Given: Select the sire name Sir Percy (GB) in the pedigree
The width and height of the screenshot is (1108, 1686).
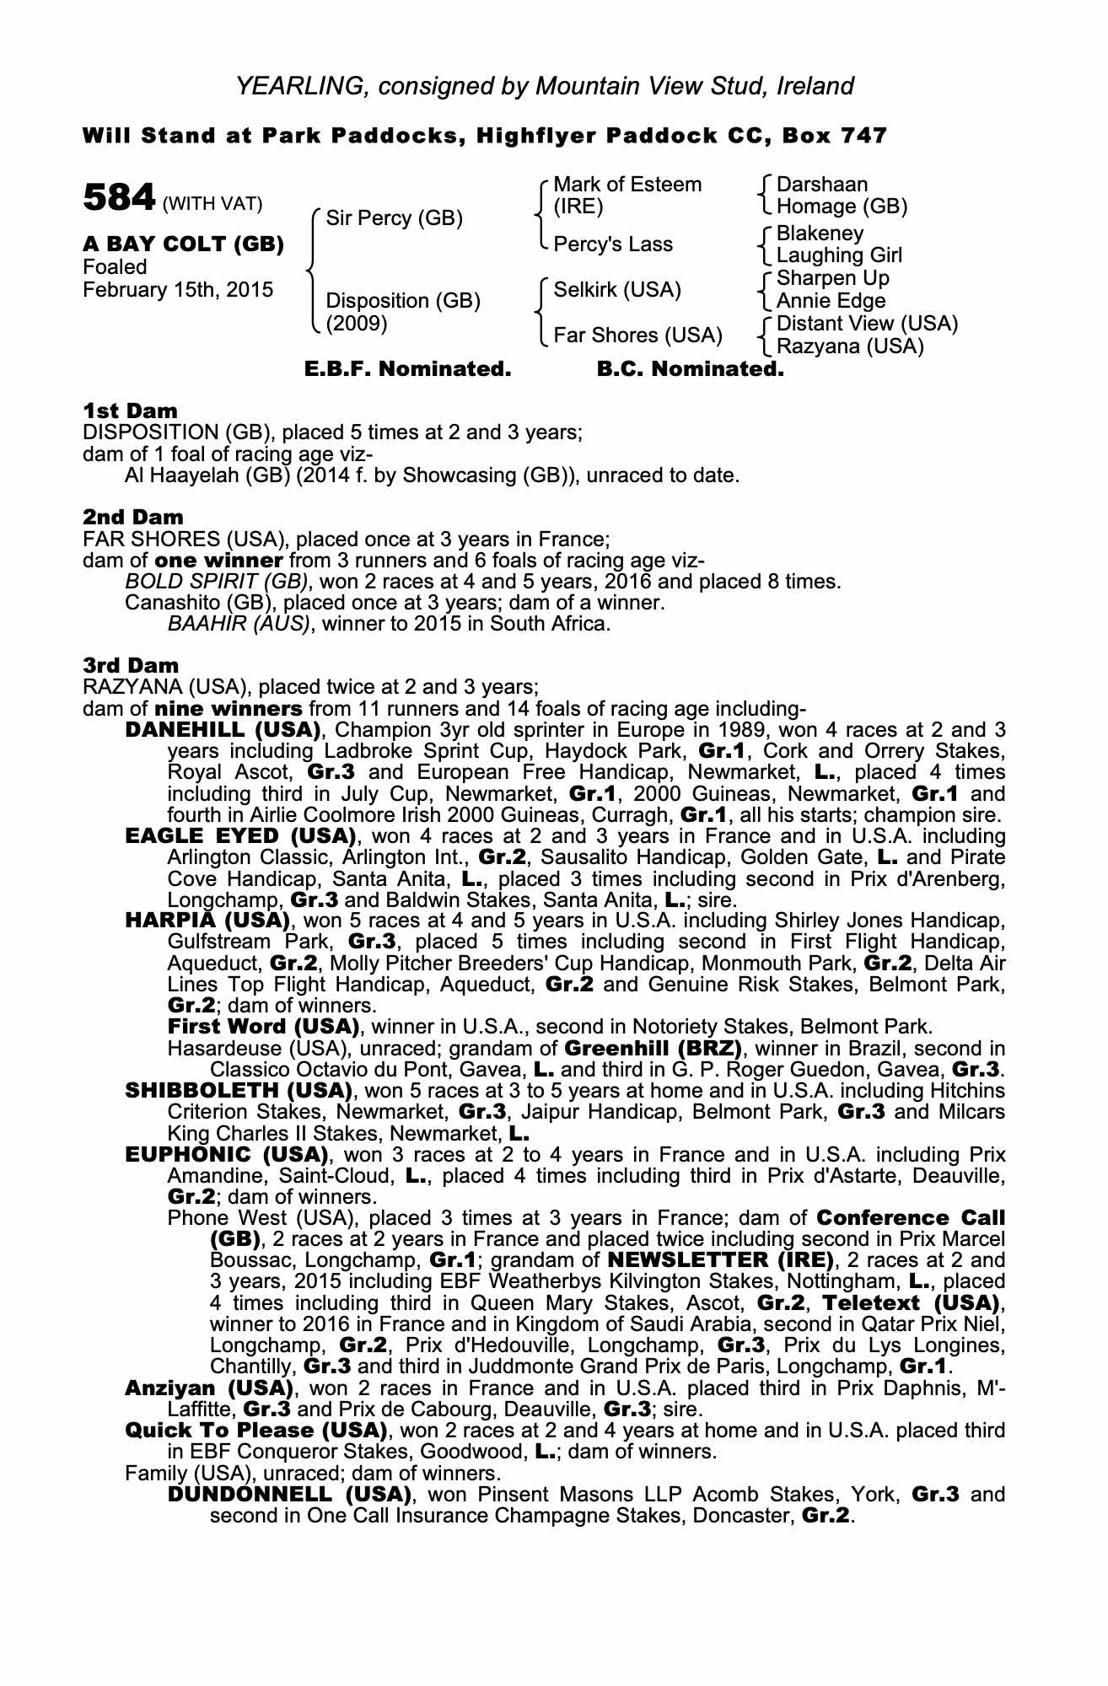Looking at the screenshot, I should (x=394, y=218).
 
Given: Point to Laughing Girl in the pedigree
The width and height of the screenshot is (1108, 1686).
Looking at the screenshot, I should (x=839, y=255).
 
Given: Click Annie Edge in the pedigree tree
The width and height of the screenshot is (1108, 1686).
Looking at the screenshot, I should (x=831, y=301).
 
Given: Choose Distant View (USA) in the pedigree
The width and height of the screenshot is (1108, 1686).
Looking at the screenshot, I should (x=867, y=324).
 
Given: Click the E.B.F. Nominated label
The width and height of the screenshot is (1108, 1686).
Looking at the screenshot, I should (x=407, y=369).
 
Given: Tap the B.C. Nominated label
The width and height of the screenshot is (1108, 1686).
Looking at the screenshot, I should (x=690, y=369).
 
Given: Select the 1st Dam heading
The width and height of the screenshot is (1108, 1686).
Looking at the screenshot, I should (x=130, y=411).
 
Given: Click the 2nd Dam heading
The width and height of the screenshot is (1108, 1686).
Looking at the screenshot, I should (x=132, y=517).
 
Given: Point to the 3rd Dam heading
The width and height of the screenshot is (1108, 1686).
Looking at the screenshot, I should (x=131, y=665).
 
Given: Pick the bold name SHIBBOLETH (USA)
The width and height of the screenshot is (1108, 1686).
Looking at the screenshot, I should (x=238, y=1091).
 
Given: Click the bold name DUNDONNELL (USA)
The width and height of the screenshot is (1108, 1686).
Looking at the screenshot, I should (x=289, y=1495).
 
